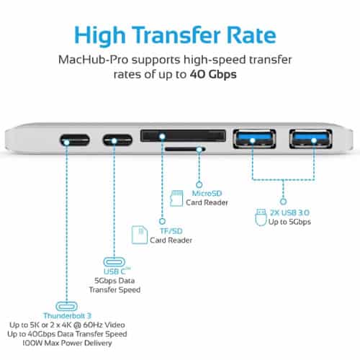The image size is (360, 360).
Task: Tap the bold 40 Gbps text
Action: (213, 74)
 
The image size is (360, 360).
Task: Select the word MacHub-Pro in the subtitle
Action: (94, 60)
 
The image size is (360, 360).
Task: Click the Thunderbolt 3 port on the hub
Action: (75, 140)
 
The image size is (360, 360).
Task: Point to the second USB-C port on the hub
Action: (117, 140)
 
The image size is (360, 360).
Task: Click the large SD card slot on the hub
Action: (183, 136)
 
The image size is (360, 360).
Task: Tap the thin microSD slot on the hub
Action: (185, 149)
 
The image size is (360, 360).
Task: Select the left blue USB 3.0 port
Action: (254, 138)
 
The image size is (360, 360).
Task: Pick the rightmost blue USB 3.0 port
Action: (311, 138)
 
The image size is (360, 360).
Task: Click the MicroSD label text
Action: (207, 193)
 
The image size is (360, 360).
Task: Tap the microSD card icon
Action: (176, 198)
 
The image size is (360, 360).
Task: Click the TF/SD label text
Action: (171, 231)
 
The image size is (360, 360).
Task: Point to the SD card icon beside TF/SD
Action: (140, 235)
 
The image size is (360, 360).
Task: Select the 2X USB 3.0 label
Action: (289, 212)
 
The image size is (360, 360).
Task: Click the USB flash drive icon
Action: (261, 217)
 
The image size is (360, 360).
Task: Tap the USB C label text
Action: (117, 271)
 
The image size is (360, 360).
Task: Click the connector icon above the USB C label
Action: (114, 262)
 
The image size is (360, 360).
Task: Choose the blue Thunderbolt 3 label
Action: (68, 315)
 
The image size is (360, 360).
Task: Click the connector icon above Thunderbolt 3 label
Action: (67, 307)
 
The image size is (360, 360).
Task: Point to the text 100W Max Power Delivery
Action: (67, 343)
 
